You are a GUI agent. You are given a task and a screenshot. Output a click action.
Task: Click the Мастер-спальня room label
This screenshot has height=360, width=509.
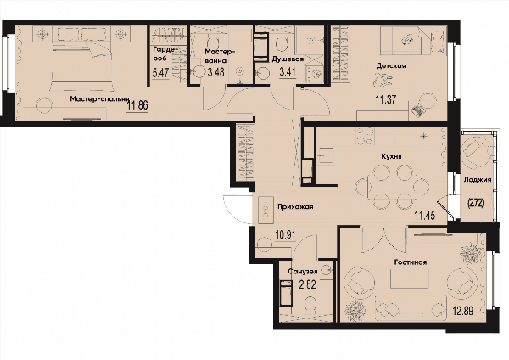(99, 99)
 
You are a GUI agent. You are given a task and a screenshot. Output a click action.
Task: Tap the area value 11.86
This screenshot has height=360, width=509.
(137, 105)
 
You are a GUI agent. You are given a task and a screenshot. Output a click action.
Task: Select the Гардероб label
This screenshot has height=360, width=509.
(165, 53)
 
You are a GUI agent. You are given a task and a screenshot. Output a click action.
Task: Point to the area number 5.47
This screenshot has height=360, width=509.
(160, 72)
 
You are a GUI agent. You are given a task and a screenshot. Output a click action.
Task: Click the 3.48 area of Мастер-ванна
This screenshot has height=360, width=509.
(215, 71)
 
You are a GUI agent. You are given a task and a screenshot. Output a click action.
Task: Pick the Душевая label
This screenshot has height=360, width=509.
(288, 59)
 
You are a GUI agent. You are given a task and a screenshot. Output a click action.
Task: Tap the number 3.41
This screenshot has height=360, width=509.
(288, 71)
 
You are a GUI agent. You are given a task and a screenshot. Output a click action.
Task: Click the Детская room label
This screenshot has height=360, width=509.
(391, 66)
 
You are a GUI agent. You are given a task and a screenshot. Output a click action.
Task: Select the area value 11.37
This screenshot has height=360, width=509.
(386, 98)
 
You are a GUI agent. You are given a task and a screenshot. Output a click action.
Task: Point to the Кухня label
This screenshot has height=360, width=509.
(391, 156)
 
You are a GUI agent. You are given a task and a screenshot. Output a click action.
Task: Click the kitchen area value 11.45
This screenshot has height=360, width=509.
(425, 215)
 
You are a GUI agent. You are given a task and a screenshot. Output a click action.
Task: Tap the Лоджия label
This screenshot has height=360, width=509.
(478, 180)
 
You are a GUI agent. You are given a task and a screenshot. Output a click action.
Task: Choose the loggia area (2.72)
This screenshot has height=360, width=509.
(476, 204)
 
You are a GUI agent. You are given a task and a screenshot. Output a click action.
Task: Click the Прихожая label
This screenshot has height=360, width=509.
(295, 206)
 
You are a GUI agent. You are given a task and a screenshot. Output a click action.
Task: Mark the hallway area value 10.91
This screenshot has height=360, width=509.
(285, 234)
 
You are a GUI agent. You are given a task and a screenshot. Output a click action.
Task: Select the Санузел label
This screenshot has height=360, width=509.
(304, 271)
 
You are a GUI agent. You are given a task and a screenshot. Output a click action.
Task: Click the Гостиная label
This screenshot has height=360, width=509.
(411, 262)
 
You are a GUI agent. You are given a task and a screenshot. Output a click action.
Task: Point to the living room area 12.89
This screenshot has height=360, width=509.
(463, 311)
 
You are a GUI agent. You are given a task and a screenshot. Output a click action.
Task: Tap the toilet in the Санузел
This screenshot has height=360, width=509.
(310, 306)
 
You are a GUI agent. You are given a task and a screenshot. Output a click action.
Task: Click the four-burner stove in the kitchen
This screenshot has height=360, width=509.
(365, 136)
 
